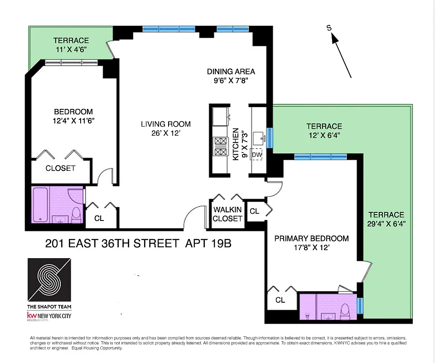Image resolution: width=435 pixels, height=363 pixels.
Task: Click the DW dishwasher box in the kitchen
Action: (257, 155)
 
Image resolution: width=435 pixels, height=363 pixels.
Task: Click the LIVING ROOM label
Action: (165, 124)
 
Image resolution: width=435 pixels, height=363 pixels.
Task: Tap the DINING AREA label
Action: (231, 71)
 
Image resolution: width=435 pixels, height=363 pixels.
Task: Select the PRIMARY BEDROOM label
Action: (312, 238)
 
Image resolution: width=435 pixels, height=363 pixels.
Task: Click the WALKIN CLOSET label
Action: (227, 214)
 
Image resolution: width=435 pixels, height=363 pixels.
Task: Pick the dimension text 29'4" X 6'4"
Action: (386, 223)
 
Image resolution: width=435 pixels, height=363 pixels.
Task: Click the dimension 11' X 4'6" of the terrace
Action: (71, 49)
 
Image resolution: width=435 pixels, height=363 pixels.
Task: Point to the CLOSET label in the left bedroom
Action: (60, 168)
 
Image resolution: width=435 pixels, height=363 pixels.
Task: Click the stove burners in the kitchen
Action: (221, 147)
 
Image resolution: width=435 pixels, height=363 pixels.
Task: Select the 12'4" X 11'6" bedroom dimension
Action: (73, 121)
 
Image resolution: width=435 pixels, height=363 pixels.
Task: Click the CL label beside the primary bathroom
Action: (280, 300)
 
